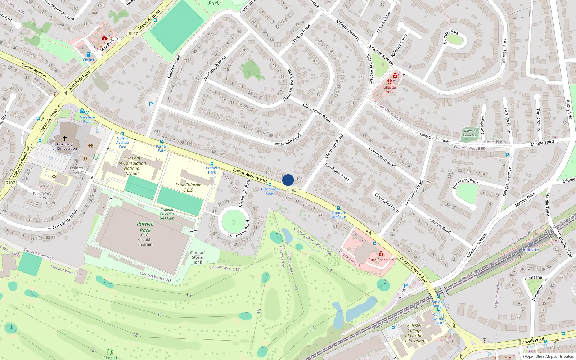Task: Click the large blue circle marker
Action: tap(288, 180)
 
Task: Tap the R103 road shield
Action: tap(292, 190)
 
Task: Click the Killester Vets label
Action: tap(390, 89)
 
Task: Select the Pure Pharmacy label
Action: tap(381, 260)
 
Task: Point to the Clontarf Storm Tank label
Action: tap(197, 257)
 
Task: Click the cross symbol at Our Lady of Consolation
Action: tap(65, 138)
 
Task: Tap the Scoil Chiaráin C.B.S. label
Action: tap(188, 187)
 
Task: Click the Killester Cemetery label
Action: tap(470, 133)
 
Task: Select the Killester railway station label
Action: tap(531, 249)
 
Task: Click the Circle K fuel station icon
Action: tap(89, 55)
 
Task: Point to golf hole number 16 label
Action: tap(189, 295)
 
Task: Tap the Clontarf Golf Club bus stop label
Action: tap(338, 215)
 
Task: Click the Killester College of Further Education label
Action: tap(414, 333)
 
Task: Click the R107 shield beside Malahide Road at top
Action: tap(133, 33)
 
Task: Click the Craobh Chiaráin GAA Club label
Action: tap(167, 214)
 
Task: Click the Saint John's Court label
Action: tap(42, 195)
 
